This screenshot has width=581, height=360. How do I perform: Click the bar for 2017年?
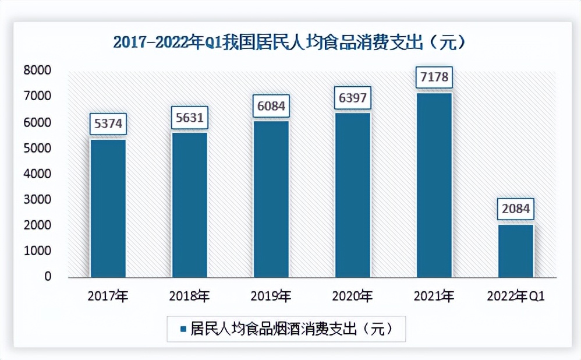108,208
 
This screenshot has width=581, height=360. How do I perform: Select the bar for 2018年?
189,204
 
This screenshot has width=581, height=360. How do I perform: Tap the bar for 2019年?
271,199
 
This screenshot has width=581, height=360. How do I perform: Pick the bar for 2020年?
352,195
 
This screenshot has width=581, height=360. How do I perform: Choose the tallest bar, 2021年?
434,185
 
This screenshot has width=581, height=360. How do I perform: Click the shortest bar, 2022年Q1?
516,250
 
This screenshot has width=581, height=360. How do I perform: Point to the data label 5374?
108,124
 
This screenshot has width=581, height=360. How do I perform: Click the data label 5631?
189,118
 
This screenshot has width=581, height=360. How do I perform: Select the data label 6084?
271,106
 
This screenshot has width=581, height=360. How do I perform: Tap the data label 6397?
352,97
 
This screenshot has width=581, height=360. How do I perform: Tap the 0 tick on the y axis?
48,276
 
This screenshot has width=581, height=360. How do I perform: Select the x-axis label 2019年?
271,297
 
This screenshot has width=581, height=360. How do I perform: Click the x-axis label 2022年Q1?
516,297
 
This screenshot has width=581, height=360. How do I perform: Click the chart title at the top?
290,43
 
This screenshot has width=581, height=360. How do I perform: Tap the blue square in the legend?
183,329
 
